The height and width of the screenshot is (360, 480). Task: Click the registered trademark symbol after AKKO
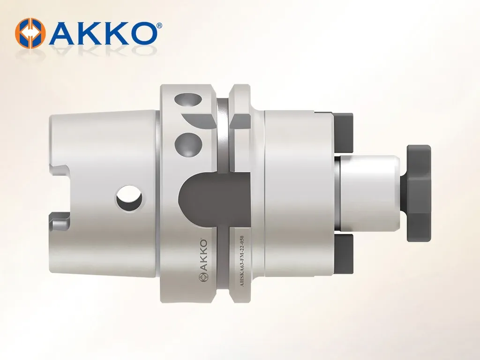coord(159,26)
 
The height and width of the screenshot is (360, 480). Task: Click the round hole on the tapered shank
coord(128,199)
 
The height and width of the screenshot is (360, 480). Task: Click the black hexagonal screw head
coord(419,193)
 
